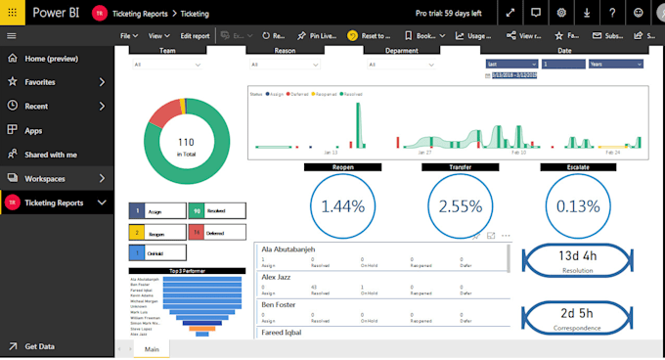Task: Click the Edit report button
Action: click(195, 35)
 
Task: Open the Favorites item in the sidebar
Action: click(40, 81)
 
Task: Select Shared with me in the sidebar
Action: click(50, 154)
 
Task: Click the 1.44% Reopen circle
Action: click(343, 206)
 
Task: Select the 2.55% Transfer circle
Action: click(461, 206)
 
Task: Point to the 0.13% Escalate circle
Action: click(578, 206)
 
